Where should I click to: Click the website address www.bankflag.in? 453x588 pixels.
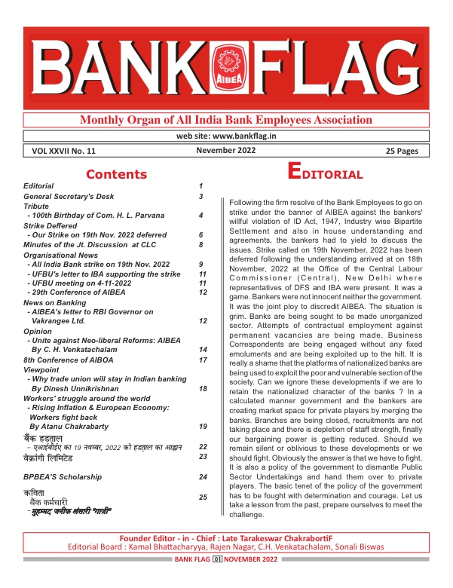(226, 136)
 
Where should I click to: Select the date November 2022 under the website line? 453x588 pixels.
(226, 150)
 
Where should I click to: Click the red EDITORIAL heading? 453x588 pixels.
(326, 173)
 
